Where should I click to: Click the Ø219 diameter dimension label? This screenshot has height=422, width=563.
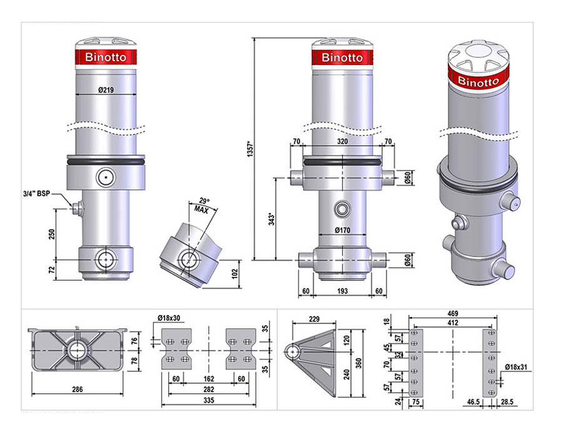[x=106, y=89]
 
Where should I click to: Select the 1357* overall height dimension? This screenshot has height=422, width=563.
[x=251, y=149]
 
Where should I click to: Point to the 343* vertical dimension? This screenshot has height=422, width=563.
[x=272, y=219]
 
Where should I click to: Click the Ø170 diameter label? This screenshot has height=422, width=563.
[x=342, y=230]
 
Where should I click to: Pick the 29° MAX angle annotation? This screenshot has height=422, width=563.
[x=203, y=205]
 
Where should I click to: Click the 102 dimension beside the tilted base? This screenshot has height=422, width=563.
[x=235, y=274]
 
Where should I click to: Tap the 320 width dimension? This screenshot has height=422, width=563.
[x=342, y=141]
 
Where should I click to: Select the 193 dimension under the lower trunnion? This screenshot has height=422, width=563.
[x=343, y=291]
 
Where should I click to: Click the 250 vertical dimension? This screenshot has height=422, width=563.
[x=52, y=234]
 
